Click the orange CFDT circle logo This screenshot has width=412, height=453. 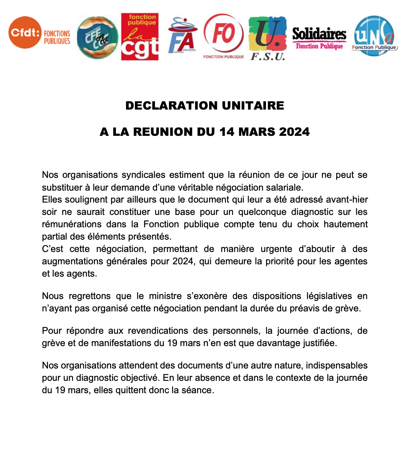(x=25, y=32)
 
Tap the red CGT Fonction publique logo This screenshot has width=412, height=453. (x=140, y=37)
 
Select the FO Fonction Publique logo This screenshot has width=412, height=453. (x=224, y=35)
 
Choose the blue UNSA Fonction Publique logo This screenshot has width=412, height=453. (x=374, y=36)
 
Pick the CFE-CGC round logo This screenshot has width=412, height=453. (x=97, y=37)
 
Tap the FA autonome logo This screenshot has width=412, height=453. (x=182, y=36)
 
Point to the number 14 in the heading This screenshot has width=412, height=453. (x=227, y=132)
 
